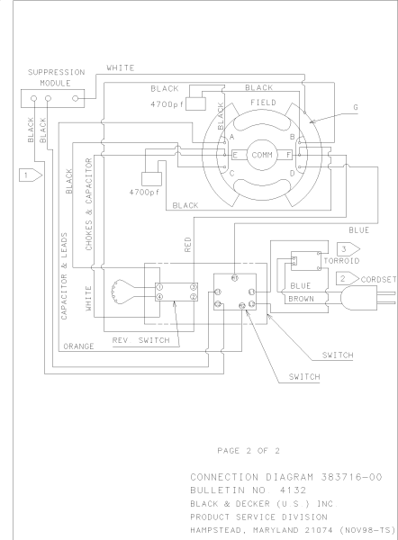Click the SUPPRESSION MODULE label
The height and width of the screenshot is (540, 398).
tap(57, 76)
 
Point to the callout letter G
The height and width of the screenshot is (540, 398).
tap(357, 107)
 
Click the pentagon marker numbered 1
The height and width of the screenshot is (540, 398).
tap(31, 172)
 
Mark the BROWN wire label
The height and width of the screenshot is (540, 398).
tap(301, 297)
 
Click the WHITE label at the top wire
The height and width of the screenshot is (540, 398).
tap(121, 67)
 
